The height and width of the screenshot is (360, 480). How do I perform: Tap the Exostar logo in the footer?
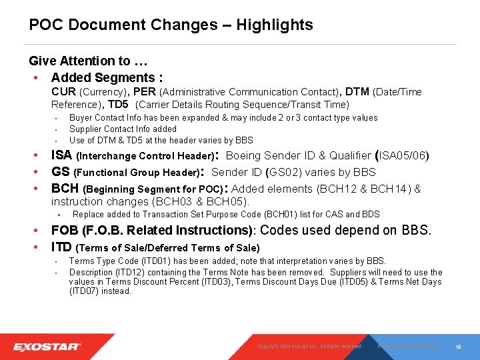47,347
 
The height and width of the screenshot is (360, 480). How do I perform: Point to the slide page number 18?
459,347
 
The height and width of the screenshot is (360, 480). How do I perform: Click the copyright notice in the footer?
310,347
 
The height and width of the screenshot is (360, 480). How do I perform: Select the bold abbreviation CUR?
63,92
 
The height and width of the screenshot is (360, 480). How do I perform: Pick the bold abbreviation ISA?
63,156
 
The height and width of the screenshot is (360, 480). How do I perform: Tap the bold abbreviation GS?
61,172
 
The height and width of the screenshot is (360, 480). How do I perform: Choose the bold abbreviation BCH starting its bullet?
65,189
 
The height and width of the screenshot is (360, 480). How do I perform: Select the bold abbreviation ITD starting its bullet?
63,247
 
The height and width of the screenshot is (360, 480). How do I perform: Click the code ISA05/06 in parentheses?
403,156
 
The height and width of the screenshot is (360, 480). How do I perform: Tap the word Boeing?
243,156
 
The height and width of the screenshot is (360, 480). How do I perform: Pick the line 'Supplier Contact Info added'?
123,129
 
